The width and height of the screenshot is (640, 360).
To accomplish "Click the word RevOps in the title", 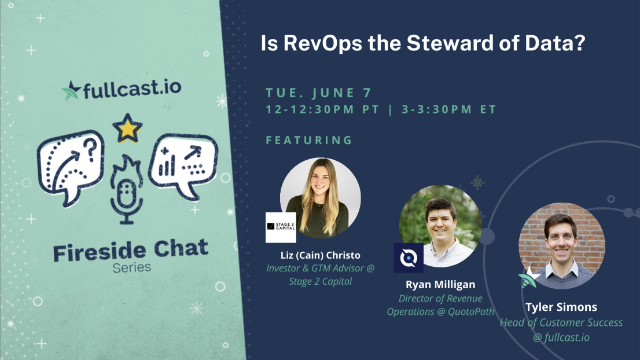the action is pos(323,43).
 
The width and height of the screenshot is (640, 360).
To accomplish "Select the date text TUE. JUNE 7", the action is pos(318,93).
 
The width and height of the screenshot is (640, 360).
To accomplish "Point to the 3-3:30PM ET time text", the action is pos(449,109).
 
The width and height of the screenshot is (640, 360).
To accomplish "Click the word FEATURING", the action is pos(310,140).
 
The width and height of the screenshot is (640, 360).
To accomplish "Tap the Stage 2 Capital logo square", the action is pos(281,227).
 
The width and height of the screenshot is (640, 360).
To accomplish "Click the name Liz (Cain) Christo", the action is pos(321,255).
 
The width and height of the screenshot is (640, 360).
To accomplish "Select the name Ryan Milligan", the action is pos(440,285).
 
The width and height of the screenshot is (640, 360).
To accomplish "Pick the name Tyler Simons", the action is pos(561,307).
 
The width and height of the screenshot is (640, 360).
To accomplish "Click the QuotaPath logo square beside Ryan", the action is pos(409,258).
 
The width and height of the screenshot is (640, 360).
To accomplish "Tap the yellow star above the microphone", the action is pos(127,128).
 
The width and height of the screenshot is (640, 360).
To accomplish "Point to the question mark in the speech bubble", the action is pos(92,148).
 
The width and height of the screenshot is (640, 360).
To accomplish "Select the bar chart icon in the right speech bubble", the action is pos(167,163).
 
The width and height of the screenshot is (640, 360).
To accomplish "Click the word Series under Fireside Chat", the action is pos(132,268).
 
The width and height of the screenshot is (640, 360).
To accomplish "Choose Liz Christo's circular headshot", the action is pos(321,198).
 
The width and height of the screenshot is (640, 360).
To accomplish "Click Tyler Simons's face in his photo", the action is pos(561,241).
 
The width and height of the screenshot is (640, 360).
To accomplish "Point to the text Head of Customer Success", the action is pos(561,322).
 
